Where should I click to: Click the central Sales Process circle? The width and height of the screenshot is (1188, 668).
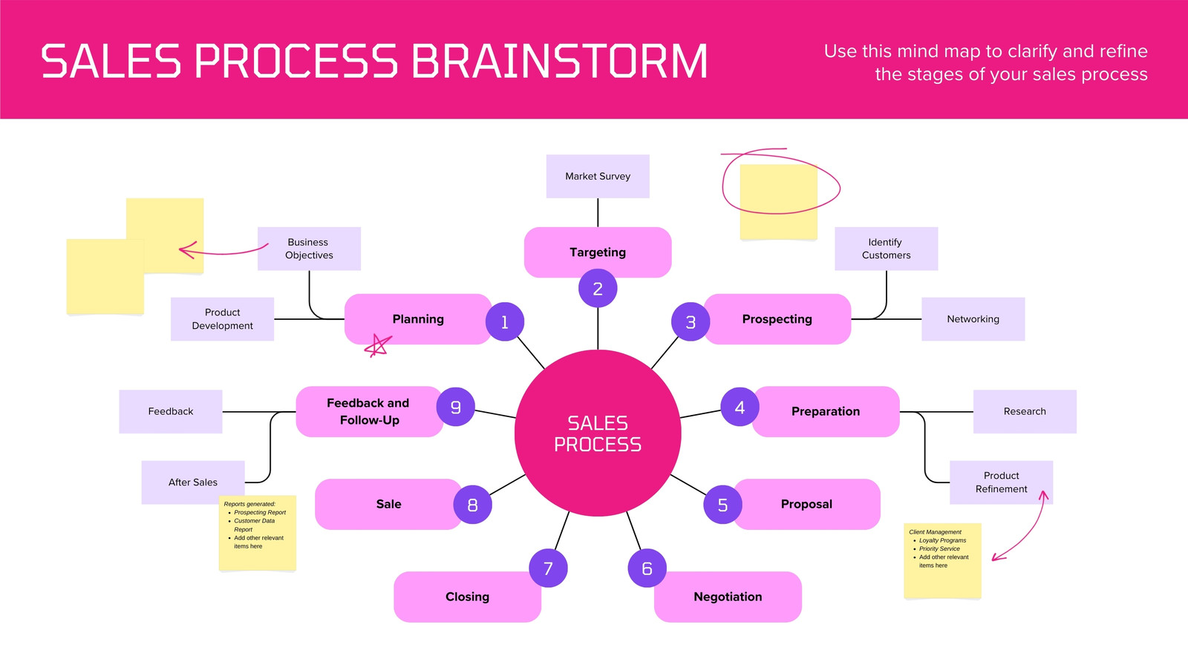coord(598,433)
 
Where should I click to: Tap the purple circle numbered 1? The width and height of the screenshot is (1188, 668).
coord(505,322)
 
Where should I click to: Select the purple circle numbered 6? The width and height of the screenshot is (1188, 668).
coord(647,569)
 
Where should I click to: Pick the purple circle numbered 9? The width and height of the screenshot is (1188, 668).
coord(456,407)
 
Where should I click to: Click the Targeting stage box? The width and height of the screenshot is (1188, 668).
coord(598,252)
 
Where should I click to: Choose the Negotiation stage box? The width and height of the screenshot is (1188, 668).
coord(728,597)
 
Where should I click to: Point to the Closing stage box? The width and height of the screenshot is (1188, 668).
coord(467,597)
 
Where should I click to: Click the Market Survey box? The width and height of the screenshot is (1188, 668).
coord(598,177)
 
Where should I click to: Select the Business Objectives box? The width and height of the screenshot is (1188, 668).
coord(309,249)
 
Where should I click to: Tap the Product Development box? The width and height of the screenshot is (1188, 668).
coord(222,319)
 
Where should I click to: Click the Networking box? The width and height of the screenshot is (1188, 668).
coord(973,319)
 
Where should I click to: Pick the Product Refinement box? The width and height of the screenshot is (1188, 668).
coord(1002,482)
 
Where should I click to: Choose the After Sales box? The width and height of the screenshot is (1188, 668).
coord(193,482)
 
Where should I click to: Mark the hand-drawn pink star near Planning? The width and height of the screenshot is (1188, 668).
coord(378,346)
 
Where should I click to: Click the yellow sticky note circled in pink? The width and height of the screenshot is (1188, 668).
coord(779,202)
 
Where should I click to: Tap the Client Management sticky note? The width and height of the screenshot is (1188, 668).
coord(942,561)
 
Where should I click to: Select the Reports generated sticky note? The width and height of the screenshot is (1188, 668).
coord(258,533)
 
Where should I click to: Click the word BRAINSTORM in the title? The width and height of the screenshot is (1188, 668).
coord(560,62)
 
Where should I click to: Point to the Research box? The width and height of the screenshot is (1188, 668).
coord(1025,411)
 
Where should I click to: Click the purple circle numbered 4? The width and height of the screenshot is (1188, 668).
coord(740,407)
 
